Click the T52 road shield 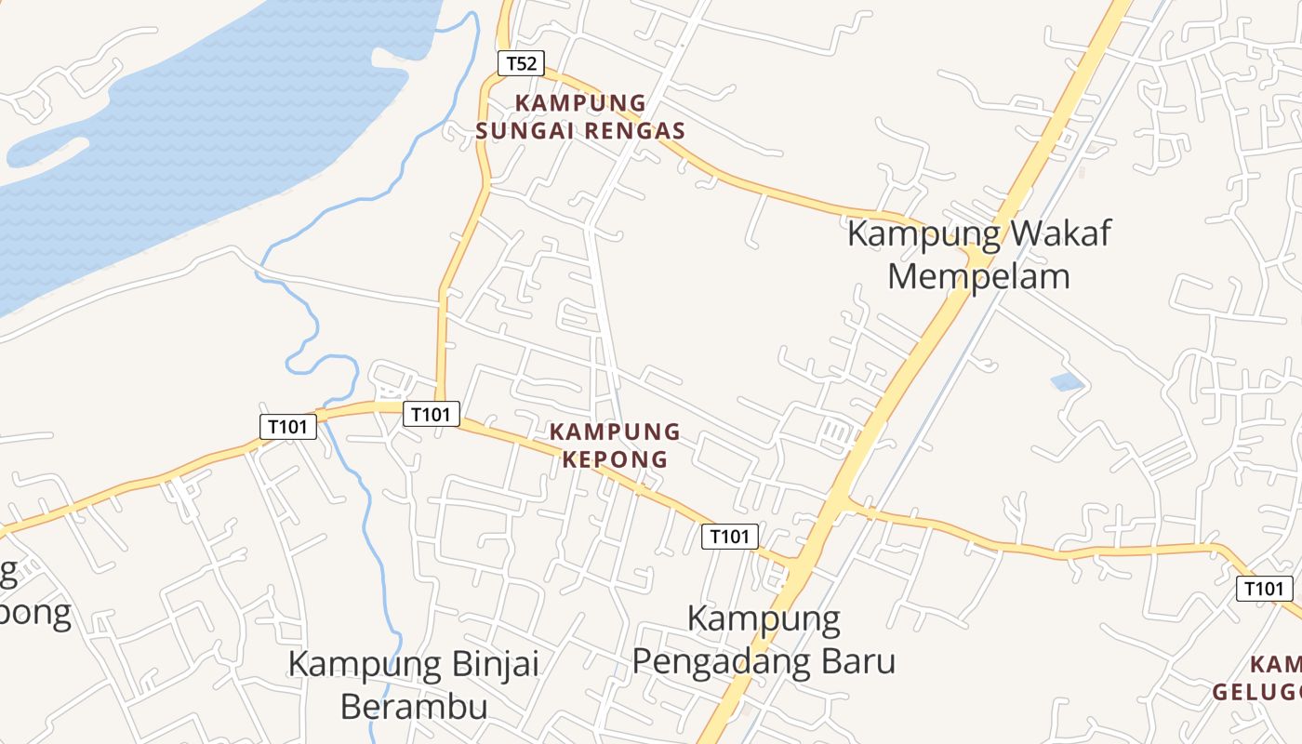click(521, 63)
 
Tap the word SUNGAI click(525, 131)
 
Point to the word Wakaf click(1059, 233)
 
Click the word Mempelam click(978, 276)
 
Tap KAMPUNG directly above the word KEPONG click(615, 432)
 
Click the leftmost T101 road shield click(287, 427)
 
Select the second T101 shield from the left click(431, 414)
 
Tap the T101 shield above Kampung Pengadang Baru click(729, 536)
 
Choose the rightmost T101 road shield click(1264, 588)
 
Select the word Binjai click(494, 664)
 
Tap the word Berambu click(414, 707)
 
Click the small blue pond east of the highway click(1067, 381)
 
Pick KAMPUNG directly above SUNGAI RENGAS click(580, 103)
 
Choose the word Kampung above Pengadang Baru click(764, 618)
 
